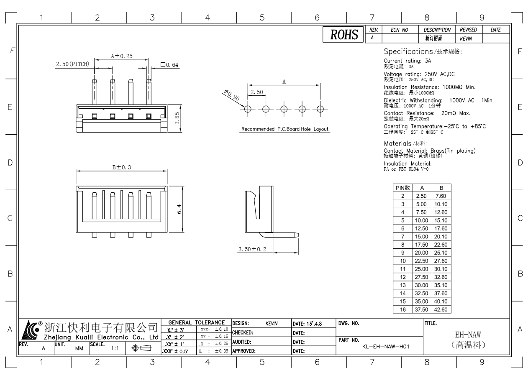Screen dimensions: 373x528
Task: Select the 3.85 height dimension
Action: (x=177, y=118)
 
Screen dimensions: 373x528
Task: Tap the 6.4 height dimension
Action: (x=179, y=208)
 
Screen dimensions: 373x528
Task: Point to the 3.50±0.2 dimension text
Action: (x=252, y=249)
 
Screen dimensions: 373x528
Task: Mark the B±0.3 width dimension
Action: (x=122, y=167)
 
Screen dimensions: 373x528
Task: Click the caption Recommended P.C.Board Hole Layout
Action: (x=284, y=129)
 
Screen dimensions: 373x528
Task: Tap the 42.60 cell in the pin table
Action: (x=441, y=309)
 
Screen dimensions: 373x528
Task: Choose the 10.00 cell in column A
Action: (x=421, y=220)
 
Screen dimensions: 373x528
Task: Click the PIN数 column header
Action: (x=402, y=188)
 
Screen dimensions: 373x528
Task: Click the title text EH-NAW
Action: (x=468, y=335)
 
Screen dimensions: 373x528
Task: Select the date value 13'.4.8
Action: (x=313, y=323)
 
